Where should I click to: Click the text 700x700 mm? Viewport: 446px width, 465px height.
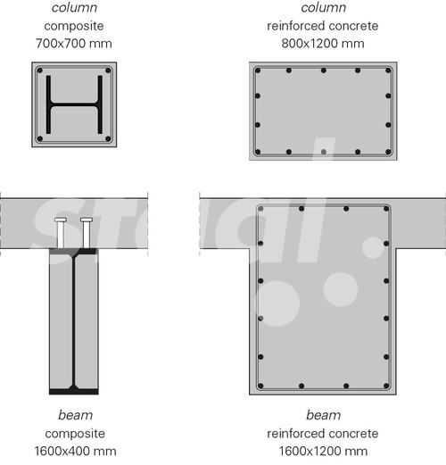point(74,44)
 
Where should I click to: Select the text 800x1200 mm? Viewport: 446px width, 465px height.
point(323,44)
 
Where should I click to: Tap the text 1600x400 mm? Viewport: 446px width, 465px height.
point(75,452)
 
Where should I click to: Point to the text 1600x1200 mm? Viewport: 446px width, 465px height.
point(323,452)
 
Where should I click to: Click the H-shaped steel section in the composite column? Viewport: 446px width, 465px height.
point(74,104)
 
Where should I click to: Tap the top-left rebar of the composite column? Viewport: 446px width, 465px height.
point(40,71)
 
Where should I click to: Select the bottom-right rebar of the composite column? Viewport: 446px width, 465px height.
point(108,138)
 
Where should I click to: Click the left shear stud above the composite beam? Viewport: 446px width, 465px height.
point(61,233)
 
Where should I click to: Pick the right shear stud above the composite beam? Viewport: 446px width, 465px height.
point(87,233)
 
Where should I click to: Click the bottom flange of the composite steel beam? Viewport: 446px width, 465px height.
point(74,391)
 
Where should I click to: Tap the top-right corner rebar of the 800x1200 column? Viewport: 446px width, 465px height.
point(388,71)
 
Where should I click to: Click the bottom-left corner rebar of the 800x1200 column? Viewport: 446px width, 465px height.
point(258,152)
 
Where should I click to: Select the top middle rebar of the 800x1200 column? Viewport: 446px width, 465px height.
point(324,71)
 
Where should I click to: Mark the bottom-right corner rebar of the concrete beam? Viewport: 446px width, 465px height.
point(386,386)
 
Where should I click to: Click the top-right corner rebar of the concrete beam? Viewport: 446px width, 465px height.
point(386,209)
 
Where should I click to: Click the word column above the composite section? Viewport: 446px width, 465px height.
point(74,8)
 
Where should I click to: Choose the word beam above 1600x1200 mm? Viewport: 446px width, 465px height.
point(323,415)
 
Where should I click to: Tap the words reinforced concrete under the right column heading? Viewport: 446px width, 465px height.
point(323,26)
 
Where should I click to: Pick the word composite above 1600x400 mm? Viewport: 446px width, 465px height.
point(75,434)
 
